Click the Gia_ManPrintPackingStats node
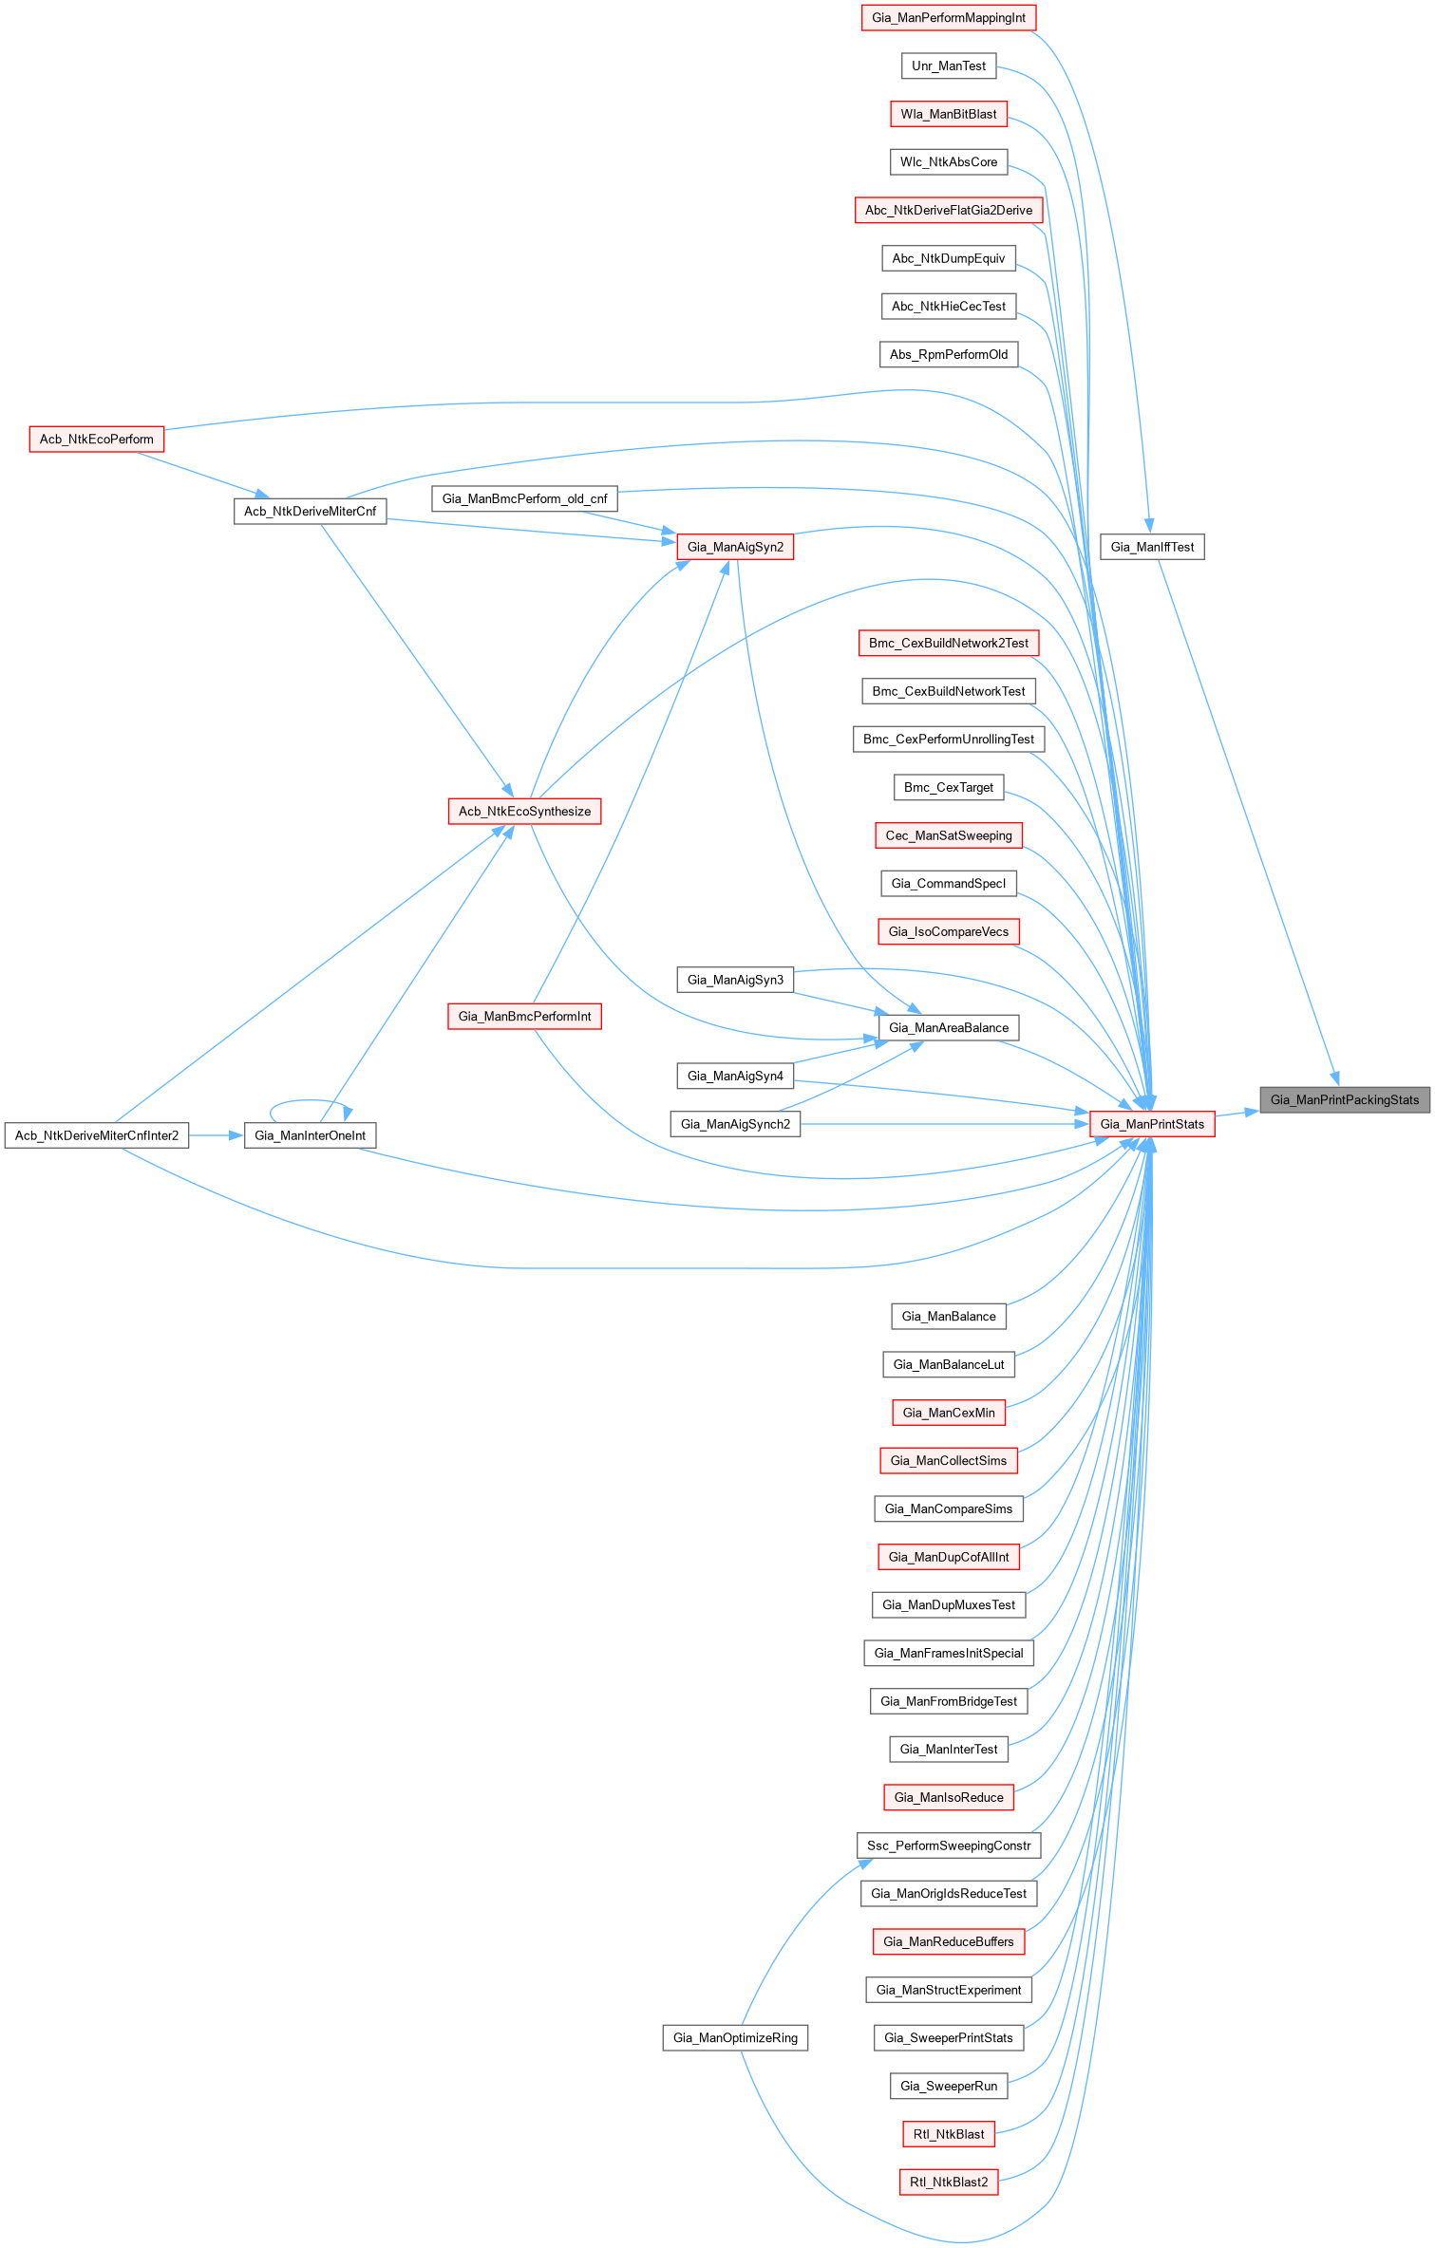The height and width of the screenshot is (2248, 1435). coord(1344,1099)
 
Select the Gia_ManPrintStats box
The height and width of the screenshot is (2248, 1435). coord(1151,1124)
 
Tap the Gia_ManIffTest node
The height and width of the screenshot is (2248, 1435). coord(1151,547)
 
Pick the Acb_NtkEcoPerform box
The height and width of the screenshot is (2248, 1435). coord(96,440)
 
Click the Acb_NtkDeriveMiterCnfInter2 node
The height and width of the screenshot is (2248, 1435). coord(96,1135)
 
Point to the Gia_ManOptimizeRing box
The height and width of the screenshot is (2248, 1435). coord(735,2037)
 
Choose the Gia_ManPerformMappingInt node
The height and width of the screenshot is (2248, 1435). coord(948,18)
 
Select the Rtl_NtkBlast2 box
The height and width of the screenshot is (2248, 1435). coord(948,2182)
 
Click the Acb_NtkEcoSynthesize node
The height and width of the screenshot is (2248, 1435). coord(524,811)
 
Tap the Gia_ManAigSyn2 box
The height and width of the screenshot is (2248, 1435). coord(735,547)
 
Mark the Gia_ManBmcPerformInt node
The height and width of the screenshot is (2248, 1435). coord(524,1016)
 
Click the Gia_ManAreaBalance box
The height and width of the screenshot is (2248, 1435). coord(948,1027)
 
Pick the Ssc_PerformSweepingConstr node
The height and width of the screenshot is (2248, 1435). coord(948,1845)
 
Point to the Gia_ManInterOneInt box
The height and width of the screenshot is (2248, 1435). coord(310,1135)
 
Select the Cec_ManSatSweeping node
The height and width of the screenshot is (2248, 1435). coord(948,835)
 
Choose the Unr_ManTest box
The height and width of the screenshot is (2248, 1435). coord(948,66)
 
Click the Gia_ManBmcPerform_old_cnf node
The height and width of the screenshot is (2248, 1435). coord(524,498)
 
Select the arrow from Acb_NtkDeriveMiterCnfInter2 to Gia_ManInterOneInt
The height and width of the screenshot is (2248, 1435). coord(217,1135)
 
